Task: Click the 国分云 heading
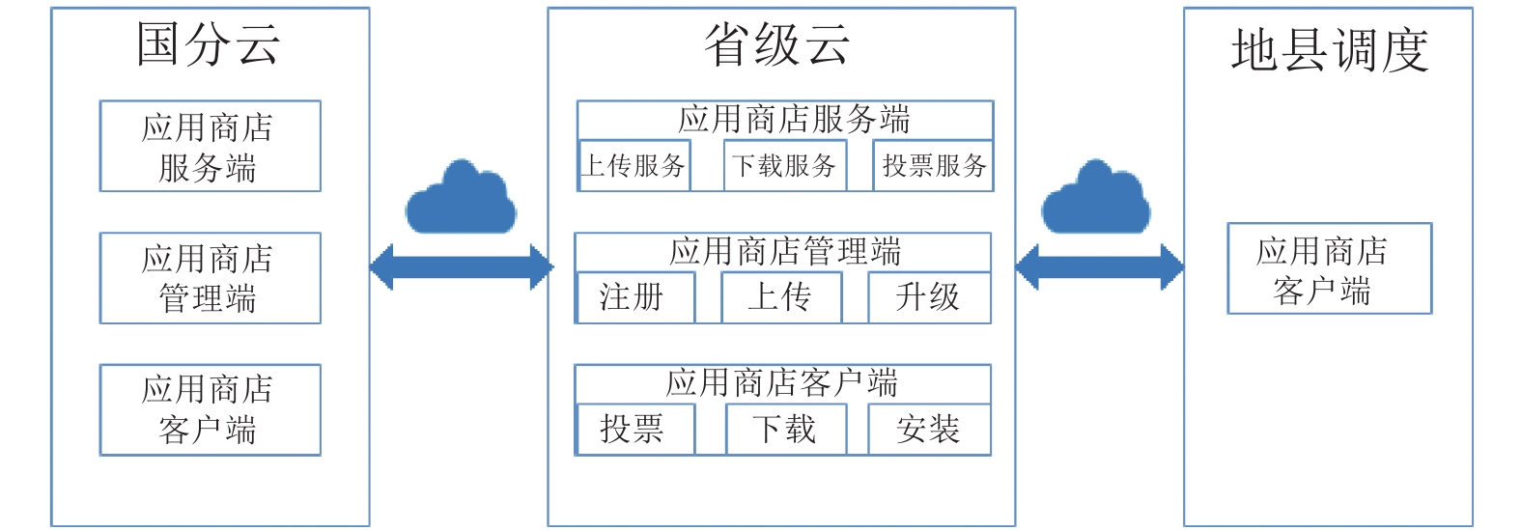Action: pos(208,44)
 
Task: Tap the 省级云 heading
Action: pos(776,44)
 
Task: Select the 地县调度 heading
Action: pos(1330,50)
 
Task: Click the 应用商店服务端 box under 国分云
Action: pos(211,147)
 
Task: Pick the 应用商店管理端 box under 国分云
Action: pos(211,278)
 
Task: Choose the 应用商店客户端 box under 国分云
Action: pos(211,410)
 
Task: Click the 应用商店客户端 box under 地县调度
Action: pos(1330,268)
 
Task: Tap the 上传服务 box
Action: pos(634,166)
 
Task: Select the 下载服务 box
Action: pos(785,166)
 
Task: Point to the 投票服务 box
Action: pos(933,166)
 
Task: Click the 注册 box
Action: pos(635,297)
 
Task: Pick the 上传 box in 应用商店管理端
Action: pos(781,297)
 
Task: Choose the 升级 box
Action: pos(930,297)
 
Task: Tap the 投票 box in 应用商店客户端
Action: pos(635,429)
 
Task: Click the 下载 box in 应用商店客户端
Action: pos(786,429)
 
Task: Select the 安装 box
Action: pos(930,429)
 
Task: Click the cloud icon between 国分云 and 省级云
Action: pos(461,198)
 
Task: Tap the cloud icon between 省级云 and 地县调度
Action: pos(1096,198)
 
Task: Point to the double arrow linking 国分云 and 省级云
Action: pos(462,267)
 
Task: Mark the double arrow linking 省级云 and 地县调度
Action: pos(1100,267)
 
